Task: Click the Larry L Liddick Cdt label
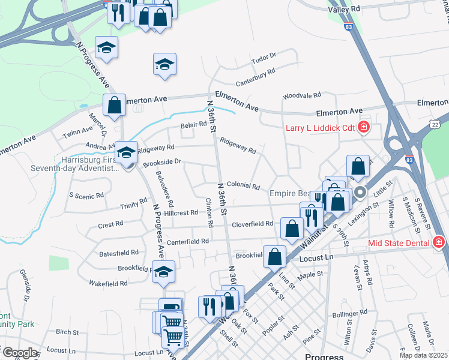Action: [320, 127]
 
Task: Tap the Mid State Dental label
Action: [399, 242]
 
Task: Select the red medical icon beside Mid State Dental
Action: [438, 242]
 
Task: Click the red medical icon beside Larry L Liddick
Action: [363, 127]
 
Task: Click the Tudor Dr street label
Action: [264, 58]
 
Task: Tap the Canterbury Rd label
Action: [255, 74]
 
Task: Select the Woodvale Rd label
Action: [303, 96]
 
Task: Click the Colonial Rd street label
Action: [243, 187]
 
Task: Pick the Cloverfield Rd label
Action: [253, 224]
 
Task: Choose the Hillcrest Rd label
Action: [181, 213]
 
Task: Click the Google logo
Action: [19, 353]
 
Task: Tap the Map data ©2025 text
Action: [424, 355]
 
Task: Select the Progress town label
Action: [324, 356]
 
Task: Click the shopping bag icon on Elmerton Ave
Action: [114, 106]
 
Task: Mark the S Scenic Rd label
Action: [86, 195]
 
